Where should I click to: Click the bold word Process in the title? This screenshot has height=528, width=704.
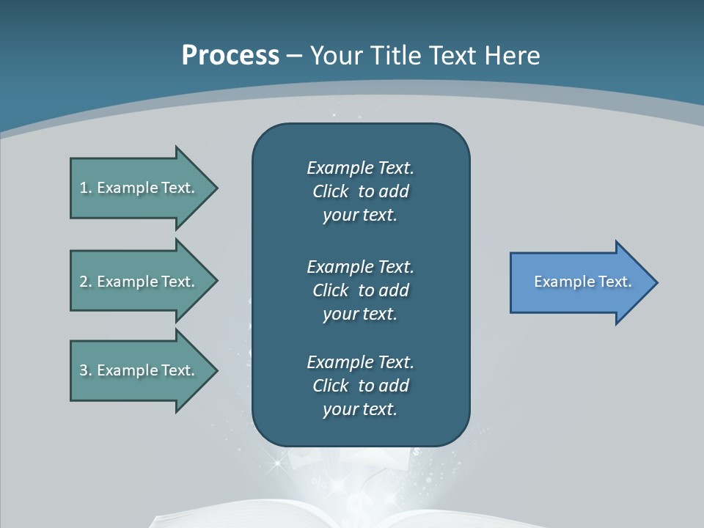[230, 56]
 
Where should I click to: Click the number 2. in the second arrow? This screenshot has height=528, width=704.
[85, 282]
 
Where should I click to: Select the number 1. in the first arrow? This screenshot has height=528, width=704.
[85, 188]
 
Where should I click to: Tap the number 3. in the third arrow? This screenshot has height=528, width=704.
[85, 370]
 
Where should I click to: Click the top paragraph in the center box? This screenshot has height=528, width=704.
[360, 191]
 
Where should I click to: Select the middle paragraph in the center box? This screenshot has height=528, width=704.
[360, 290]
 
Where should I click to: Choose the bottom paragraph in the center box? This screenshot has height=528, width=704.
[360, 386]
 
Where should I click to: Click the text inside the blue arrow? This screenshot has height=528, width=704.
[582, 282]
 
